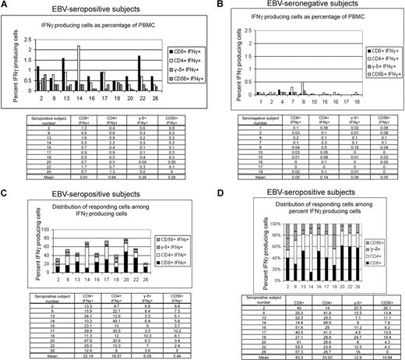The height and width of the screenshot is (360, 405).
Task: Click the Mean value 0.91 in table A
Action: tap(92, 176)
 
